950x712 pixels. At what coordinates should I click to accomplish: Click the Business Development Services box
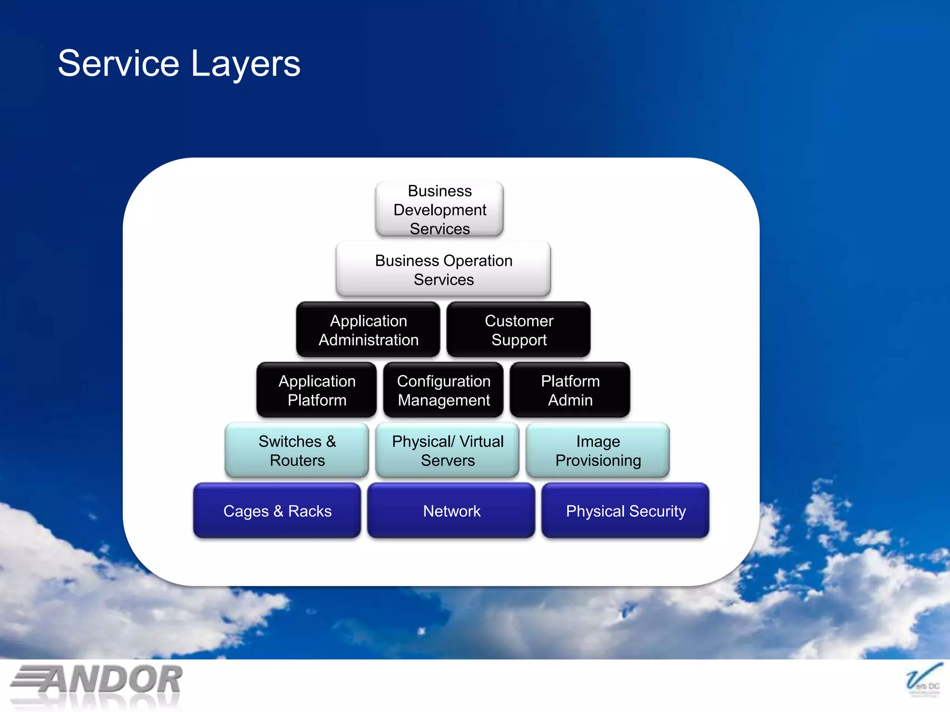click(x=439, y=210)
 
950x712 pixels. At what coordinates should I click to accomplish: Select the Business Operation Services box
click(x=443, y=270)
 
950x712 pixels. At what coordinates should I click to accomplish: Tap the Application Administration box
click(x=368, y=330)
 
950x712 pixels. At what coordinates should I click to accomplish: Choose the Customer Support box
click(x=519, y=330)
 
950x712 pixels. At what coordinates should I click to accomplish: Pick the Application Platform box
click(x=317, y=390)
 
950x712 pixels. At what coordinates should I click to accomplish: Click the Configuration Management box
click(x=443, y=390)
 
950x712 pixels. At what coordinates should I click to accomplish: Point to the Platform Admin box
click(x=570, y=390)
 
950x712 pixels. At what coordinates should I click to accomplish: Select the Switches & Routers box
click(x=297, y=451)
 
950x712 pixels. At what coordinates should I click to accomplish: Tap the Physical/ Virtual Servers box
click(x=447, y=451)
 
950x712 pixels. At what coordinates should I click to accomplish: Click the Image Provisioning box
click(x=598, y=451)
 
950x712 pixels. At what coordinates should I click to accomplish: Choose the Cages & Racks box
click(x=277, y=511)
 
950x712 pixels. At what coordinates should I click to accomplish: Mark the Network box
click(x=451, y=511)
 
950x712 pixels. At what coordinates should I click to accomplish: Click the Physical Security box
click(x=625, y=511)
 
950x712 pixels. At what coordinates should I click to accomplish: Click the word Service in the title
click(x=118, y=64)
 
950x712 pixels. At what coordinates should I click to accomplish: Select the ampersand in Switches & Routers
click(x=331, y=442)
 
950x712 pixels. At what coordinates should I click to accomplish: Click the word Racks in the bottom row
click(x=310, y=511)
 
